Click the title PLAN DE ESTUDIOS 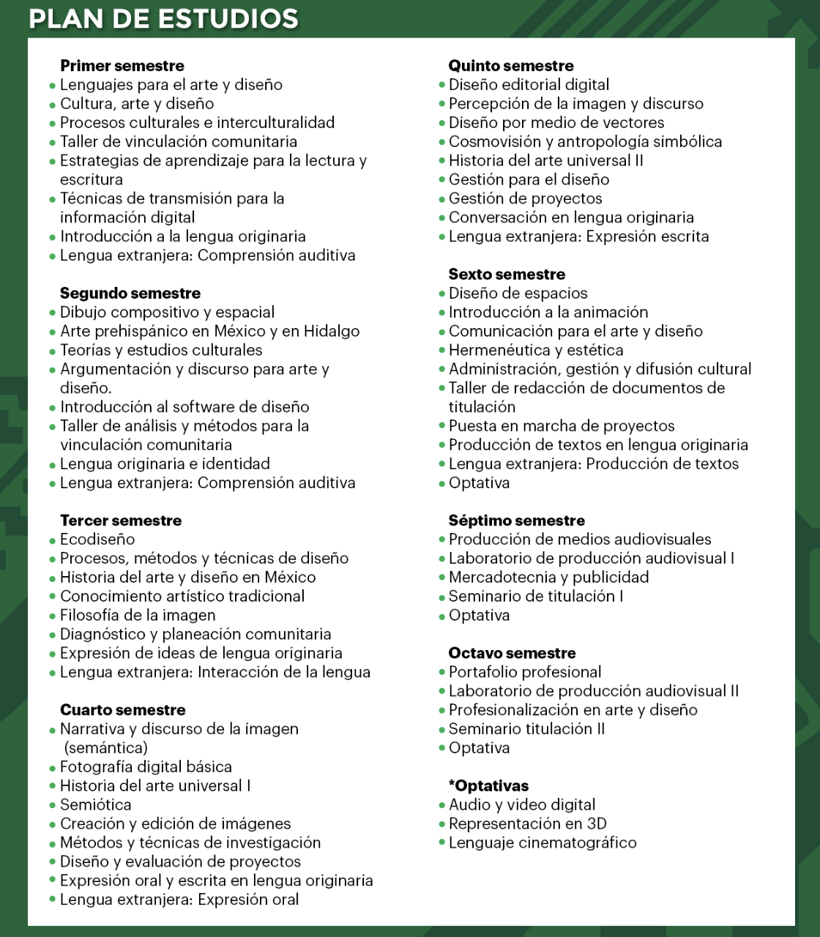click(x=163, y=18)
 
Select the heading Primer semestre click(x=122, y=66)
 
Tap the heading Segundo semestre click(x=130, y=294)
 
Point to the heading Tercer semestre click(x=120, y=520)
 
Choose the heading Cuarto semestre click(x=122, y=710)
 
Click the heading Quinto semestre click(x=511, y=66)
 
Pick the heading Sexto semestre click(x=507, y=275)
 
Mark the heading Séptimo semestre click(x=516, y=520)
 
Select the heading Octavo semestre click(x=512, y=653)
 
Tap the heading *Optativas click(x=488, y=786)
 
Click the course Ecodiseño click(x=97, y=540)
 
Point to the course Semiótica click(x=95, y=805)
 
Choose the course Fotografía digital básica click(x=146, y=767)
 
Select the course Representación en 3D click(x=527, y=824)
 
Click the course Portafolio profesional click(x=525, y=672)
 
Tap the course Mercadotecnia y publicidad click(x=548, y=578)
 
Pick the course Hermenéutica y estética click(x=536, y=351)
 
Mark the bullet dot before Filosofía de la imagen click(x=53, y=616)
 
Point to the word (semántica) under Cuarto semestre click(x=105, y=748)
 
